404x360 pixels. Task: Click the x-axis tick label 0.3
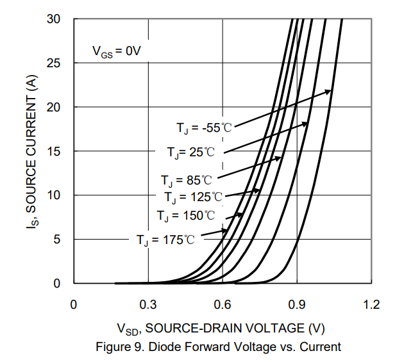point(148,304)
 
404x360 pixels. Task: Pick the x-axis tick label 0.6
point(223,304)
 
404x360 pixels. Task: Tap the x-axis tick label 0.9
point(297,304)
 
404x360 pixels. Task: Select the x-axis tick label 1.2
point(371,304)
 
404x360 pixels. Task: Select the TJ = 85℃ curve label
point(186,180)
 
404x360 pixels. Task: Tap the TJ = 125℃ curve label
point(193,197)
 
